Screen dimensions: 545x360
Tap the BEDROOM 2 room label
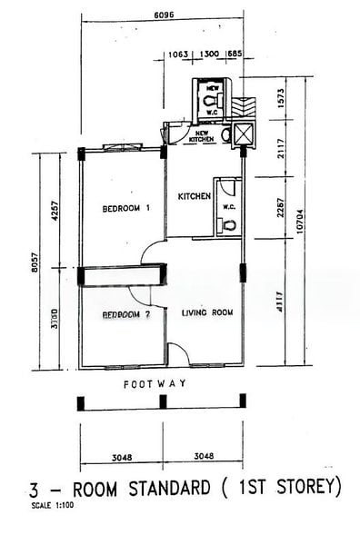pos(125,315)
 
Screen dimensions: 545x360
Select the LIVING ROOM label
pos(207,313)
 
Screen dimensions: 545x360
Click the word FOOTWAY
pos(155,384)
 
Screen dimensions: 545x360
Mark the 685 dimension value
pos(234,54)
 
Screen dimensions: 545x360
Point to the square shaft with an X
pos(244,135)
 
